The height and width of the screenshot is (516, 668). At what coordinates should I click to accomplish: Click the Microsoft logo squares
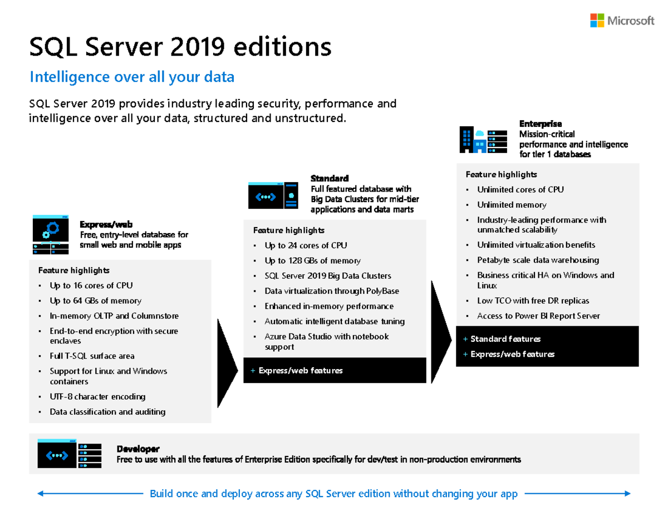coord(597,21)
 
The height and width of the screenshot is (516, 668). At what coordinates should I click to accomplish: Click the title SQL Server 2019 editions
coord(180,47)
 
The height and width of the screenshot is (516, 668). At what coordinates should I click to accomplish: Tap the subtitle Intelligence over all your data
coord(131,77)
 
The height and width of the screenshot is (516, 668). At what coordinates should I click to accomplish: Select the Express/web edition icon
coord(51,234)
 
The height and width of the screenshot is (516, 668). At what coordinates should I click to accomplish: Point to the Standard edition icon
coord(274,194)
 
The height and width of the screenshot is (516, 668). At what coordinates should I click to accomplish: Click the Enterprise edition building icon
coord(483,139)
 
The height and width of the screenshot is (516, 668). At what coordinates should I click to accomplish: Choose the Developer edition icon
coord(69,454)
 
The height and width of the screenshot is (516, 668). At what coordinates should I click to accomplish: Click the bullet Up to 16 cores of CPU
coord(91,286)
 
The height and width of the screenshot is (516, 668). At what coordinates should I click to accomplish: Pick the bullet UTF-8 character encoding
coord(97,397)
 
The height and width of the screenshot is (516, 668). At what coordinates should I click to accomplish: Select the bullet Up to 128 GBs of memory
coord(312,261)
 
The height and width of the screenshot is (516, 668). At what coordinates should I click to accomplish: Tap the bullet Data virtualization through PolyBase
coord(332,291)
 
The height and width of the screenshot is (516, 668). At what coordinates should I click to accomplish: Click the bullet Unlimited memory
coord(512,205)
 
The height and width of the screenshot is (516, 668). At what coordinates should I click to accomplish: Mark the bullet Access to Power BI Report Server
coord(538,316)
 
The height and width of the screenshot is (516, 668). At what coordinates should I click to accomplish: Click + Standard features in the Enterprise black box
coord(505,339)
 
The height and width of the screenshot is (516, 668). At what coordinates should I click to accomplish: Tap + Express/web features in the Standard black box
coord(300,371)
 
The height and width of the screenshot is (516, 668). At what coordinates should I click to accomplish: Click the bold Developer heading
coord(138,449)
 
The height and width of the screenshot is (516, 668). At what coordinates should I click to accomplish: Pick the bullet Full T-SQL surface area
coord(92,356)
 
